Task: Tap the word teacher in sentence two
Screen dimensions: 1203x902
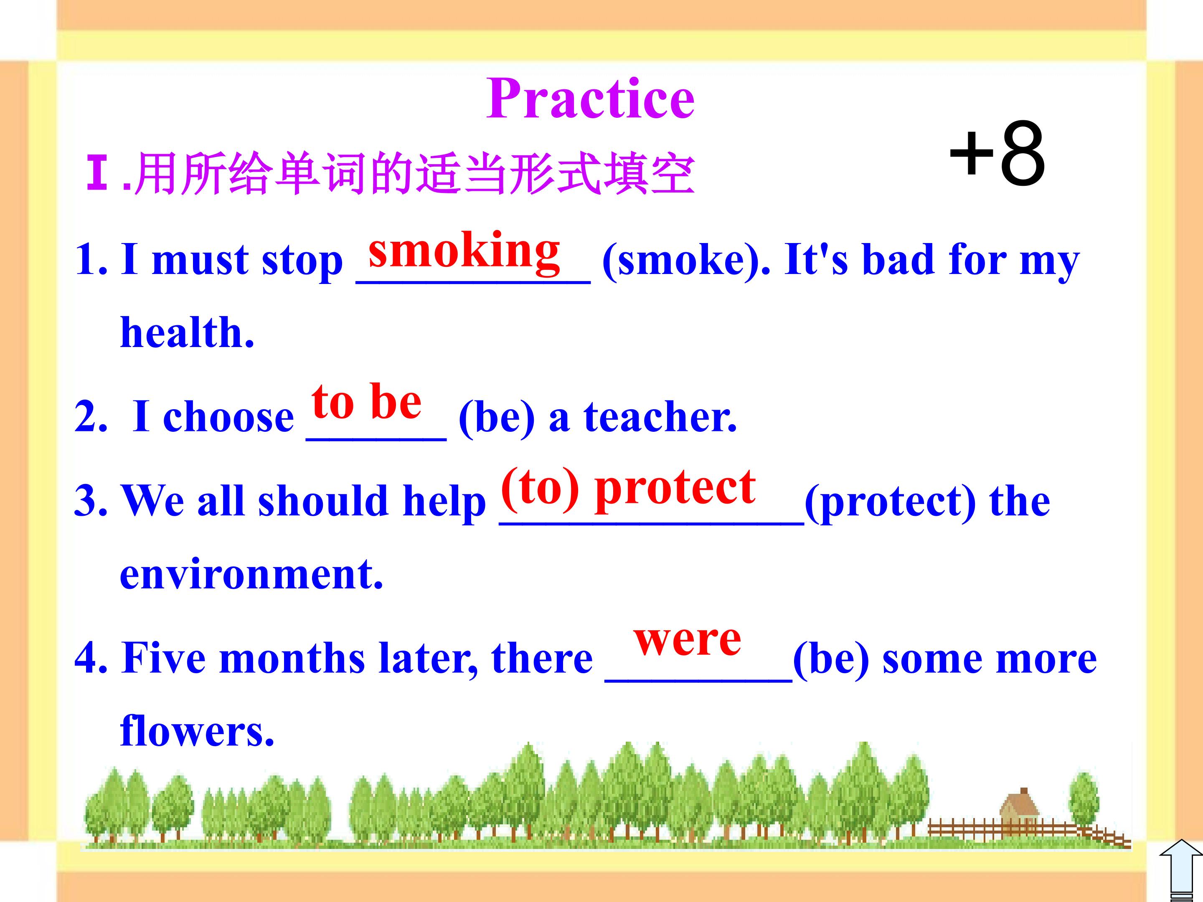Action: click(660, 417)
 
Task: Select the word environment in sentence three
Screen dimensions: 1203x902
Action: click(251, 575)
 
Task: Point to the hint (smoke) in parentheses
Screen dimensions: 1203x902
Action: click(686, 261)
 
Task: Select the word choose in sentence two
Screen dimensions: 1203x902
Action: click(228, 417)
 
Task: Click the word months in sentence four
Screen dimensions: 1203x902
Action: click(292, 659)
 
